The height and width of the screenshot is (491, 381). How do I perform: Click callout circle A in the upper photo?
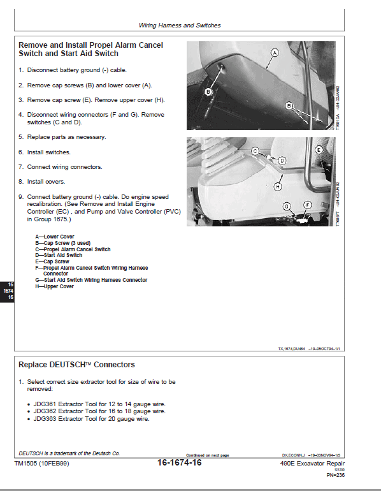275,53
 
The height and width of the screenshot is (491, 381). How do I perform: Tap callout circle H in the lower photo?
278,187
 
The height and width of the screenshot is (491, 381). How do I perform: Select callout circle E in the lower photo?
318,149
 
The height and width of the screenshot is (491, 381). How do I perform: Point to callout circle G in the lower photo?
287,206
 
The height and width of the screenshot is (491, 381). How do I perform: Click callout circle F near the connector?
308,205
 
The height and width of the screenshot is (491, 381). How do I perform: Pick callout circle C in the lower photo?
255,151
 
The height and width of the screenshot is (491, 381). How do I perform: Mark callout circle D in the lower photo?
282,160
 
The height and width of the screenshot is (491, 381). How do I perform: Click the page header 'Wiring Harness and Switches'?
180,26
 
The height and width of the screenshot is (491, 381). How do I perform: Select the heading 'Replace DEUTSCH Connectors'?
76,365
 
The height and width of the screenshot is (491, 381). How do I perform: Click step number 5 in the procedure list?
21,137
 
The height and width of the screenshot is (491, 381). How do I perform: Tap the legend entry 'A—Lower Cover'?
55,237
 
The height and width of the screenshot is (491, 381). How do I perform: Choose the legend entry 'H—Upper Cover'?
55,286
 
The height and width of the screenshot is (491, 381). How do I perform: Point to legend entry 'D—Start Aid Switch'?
59,255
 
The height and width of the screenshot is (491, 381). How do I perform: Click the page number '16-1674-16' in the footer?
179,463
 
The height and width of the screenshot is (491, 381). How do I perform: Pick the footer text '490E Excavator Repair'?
313,464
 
